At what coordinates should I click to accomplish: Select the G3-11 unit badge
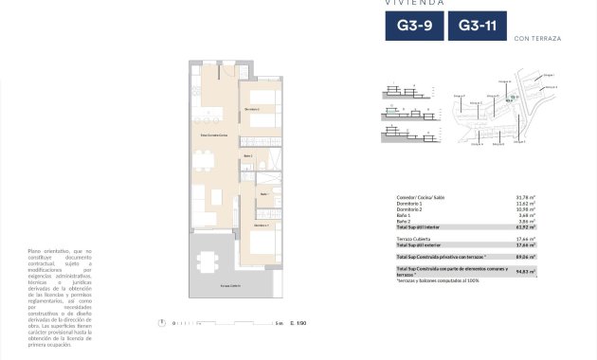pos(475,27)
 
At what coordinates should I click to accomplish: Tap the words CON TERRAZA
pos(536,39)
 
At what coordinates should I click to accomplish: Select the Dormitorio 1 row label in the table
pos(413,204)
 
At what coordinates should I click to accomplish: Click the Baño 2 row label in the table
pos(407,221)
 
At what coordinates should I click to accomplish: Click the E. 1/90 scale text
pos(300,324)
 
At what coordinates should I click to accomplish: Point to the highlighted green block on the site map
pos(513,97)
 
